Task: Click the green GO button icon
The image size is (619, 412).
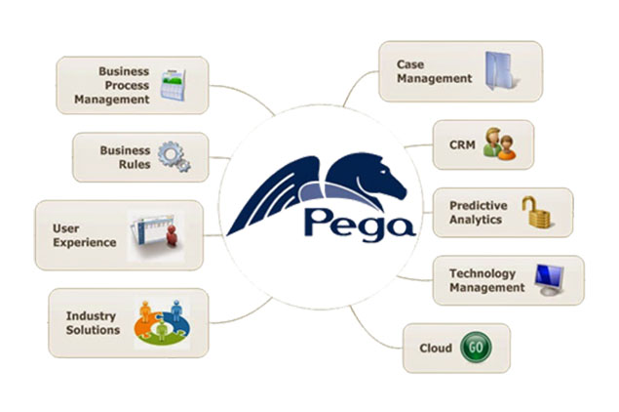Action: [476, 348]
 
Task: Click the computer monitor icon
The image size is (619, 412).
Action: [549, 280]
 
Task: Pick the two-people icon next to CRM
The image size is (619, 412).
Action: [499, 144]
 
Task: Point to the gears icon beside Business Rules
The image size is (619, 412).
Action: [174, 156]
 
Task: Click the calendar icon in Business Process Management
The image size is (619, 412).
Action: [173, 85]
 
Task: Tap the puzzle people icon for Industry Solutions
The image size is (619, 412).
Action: [162, 323]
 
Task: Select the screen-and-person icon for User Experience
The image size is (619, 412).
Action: [156, 236]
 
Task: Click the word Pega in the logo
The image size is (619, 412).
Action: [360, 225]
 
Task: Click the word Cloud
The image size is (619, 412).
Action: [436, 348]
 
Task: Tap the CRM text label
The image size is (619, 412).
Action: [462, 144]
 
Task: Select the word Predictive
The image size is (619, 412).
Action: [479, 205]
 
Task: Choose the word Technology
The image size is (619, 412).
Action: [483, 273]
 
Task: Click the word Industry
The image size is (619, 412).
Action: [91, 316]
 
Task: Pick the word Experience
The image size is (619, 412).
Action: [85, 242]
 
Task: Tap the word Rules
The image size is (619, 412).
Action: [135, 164]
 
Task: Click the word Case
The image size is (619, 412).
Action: [410, 64]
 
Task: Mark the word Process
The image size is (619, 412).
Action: [127, 85]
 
